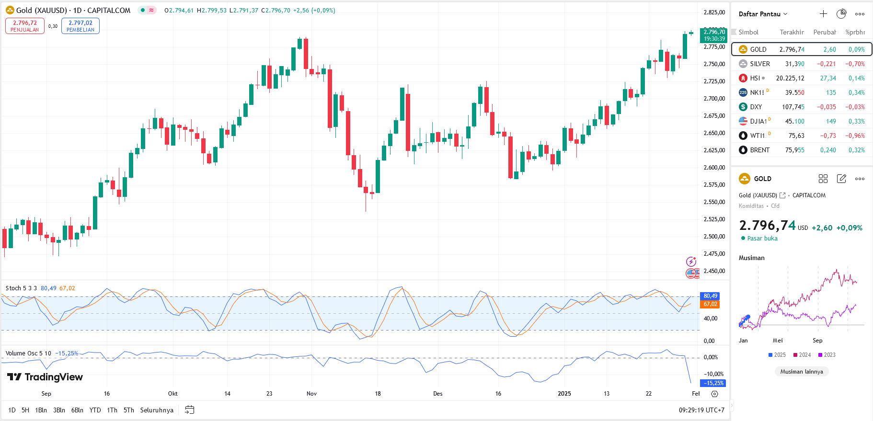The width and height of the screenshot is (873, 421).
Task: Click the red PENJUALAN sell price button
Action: [25, 26]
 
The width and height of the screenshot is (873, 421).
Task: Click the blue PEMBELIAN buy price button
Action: [80, 26]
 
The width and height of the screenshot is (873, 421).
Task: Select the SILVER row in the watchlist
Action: [760, 64]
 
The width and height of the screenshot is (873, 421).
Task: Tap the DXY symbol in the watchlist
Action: [756, 107]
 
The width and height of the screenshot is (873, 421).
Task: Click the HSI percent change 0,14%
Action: [856, 78]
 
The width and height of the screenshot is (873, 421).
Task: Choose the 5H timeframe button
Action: [25, 410]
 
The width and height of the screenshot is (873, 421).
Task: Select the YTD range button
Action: [95, 410]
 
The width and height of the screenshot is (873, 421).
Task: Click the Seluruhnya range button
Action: [157, 410]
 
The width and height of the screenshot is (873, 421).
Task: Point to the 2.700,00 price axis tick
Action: [714, 99]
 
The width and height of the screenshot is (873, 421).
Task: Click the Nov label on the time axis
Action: [311, 394]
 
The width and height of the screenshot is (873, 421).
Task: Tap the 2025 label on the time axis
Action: [564, 394]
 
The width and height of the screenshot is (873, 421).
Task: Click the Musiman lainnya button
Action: [802, 372]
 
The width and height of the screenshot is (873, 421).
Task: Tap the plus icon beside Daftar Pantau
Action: [823, 14]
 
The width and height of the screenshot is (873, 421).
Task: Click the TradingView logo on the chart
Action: [45, 377]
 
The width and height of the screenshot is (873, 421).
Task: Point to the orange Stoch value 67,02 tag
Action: [710, 304]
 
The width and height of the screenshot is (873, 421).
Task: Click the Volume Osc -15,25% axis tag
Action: [713, 383]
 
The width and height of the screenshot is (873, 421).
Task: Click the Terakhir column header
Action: [792, 32]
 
